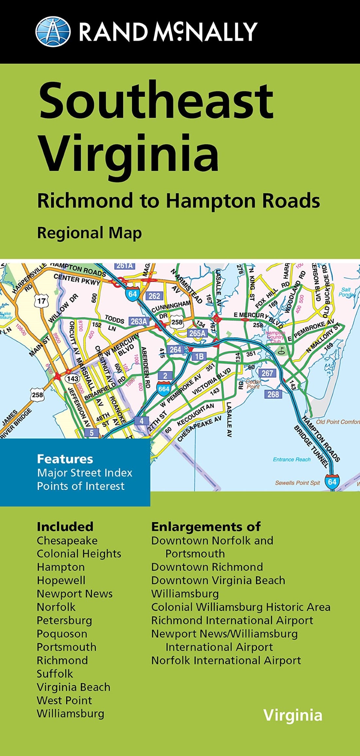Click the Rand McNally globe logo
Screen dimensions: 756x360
(53, 31)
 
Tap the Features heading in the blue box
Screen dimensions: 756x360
(65, 459)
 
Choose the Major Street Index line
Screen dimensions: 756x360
(84, 473)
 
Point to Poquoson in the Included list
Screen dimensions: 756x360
(62, 634)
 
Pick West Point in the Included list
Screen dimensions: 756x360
(64, 700)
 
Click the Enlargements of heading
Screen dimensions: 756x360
(206, 527)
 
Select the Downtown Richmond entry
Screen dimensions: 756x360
(207, 567)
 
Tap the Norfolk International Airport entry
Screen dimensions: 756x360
(226, 660)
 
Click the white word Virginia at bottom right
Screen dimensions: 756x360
(293, 715)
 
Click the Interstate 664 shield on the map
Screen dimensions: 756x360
(164, 388)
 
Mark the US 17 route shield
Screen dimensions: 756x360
(41, 301)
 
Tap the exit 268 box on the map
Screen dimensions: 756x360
(273, 394)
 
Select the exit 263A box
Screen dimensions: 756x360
(139, 322)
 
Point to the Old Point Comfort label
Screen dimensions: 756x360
(337, 422)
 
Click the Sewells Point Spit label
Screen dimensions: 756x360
(297, 483)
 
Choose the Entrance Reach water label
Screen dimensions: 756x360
(292, 459)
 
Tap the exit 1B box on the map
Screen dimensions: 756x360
(199, 356)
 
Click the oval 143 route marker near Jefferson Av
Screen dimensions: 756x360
(72, 379)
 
